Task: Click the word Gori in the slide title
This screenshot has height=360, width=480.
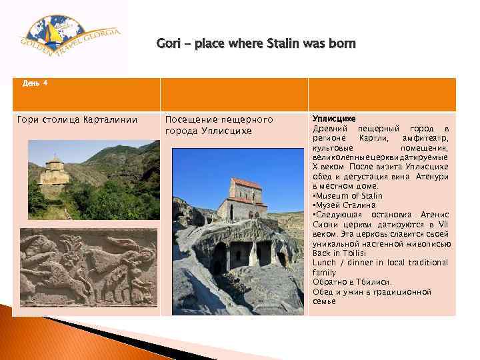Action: (x=168, y=45)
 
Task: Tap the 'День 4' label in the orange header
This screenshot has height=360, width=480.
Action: (x=35, y=83)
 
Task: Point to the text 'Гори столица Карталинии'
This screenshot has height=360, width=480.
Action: (x=77, y=120)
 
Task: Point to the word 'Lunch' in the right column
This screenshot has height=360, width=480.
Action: (x=325, y=263)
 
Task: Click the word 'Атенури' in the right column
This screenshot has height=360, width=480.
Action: (x=431, y=177)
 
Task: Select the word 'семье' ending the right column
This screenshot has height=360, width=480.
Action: (x=325, y=301)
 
